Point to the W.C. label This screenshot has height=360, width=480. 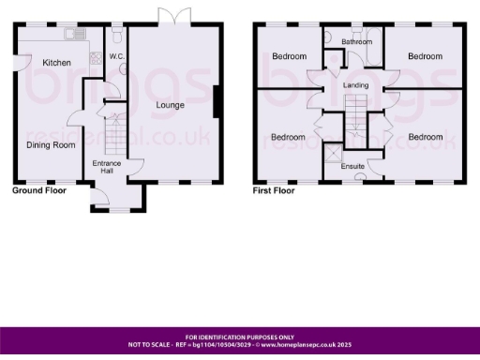pos(117,57)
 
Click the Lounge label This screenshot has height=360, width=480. pos(171,105)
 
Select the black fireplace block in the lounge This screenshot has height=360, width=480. pos(217,101)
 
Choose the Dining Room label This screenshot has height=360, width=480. pos(50,145)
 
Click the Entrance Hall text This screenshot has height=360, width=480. pos(106,168)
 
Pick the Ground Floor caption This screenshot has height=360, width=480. pos(38,190)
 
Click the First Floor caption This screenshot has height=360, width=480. pos(274,190)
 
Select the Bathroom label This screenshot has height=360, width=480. pos(356,42)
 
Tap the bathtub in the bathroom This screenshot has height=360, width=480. pos(356,35)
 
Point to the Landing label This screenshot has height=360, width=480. pos(355,86)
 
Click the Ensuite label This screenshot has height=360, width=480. pos(352,167)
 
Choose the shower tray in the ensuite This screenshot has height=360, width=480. pos(331,153)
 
